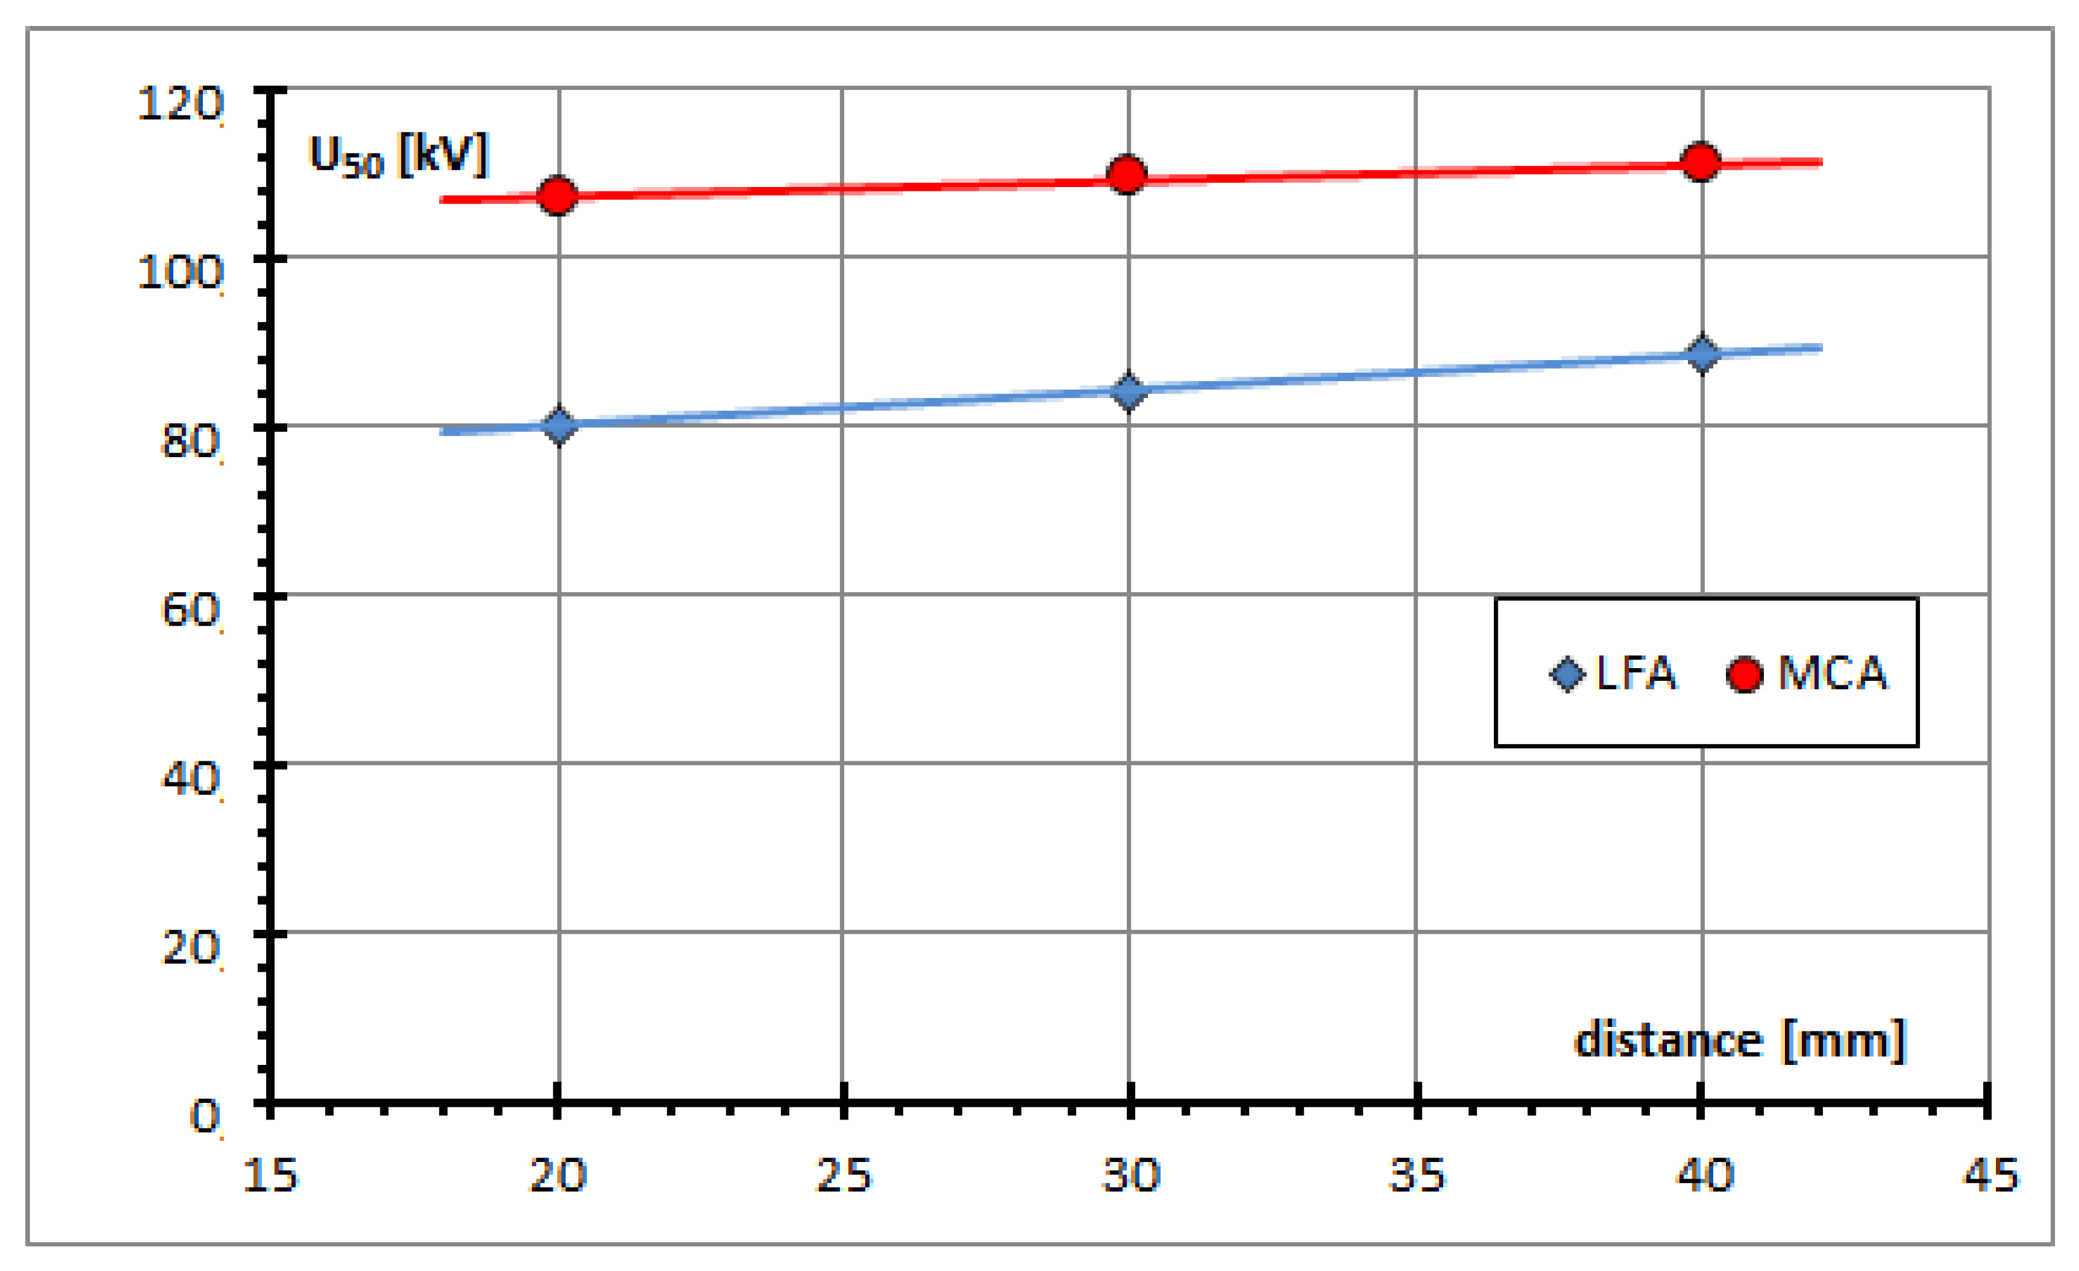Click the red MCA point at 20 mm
point(557,196)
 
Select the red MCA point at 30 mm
point(1126,175)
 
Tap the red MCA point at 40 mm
point(1700,161)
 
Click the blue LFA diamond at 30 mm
point(1128,392)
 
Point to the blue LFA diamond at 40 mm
point(1702,354)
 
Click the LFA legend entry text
point(1635,673)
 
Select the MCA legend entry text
point(1832,673)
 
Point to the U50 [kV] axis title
point(398,156)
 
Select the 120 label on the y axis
point(179,104)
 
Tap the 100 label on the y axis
point(179,273)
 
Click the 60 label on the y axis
point(190,610)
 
